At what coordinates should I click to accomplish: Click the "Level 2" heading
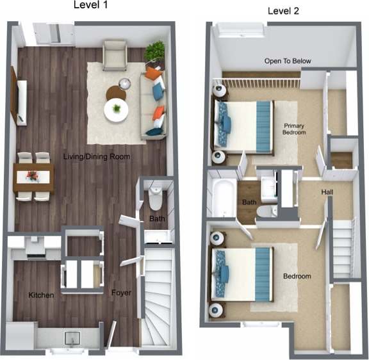click(283, 11)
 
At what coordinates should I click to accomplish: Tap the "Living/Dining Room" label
click(97, 156)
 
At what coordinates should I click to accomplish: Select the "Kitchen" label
click(40, 295)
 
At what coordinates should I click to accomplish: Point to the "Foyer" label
click(122, 293)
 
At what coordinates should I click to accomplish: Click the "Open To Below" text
click(288, 61)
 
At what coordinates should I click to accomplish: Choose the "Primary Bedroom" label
click(294, 129)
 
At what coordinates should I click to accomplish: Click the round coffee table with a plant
click(116, 110)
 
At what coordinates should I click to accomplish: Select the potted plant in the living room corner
click(154, 51)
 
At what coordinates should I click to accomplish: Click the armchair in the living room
click(115, 55)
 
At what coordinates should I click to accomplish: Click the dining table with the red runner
click(33, 176)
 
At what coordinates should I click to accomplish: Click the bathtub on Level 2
click(222, 199)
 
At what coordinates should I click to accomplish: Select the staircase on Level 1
click(158, 296)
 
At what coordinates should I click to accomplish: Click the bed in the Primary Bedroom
click(243, 126)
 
